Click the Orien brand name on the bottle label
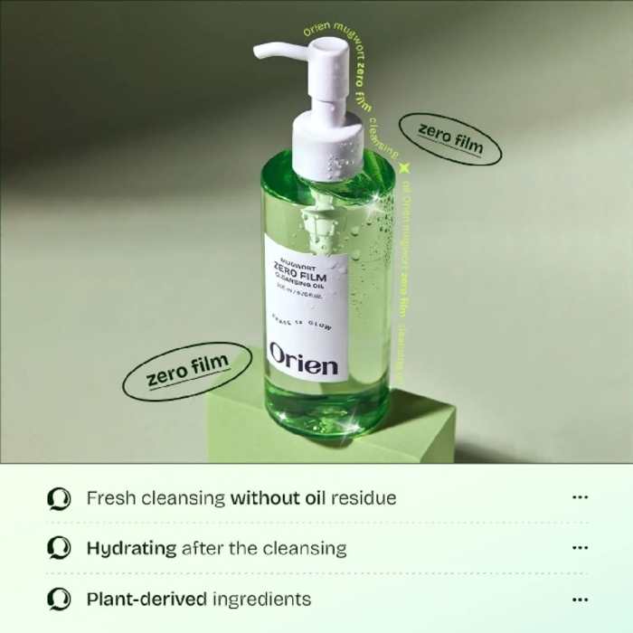tap(303, 361)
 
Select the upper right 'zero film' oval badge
tap(450, 138)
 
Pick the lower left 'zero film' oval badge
tap(176, 372)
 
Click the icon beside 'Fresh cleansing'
tap(59, 498)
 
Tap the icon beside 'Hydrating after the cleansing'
tap(59, 548)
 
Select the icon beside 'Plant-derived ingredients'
tap(59, 599)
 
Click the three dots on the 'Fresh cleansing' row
tap(581, 497)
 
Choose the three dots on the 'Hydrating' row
tap(581, 548)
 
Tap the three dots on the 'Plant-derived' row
tap(581, 599)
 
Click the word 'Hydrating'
tap(130, 548)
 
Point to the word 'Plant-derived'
tap(146, 599)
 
